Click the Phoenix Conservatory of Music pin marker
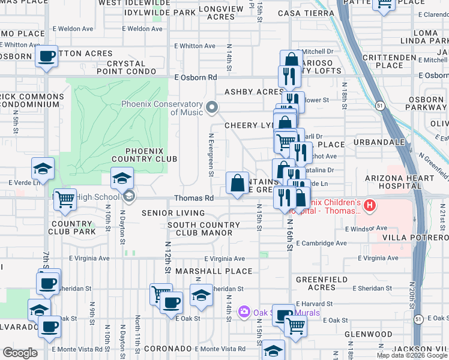tap(211, 107)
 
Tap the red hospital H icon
tap(370, 206)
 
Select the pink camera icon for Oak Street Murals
tap(244, 312)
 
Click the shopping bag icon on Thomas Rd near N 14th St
tap(238, 182)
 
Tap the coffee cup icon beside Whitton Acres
tap(46, 56)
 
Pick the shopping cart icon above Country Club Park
tap(65, 199)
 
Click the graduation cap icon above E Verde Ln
tap(43, 169)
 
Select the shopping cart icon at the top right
tap(384, 4)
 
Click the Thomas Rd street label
tap(194, 198)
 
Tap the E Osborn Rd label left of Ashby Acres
tap(196, 77)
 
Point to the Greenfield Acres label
tap(322, 283)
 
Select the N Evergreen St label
tap(211, 155)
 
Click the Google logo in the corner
tap(20, 352)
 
